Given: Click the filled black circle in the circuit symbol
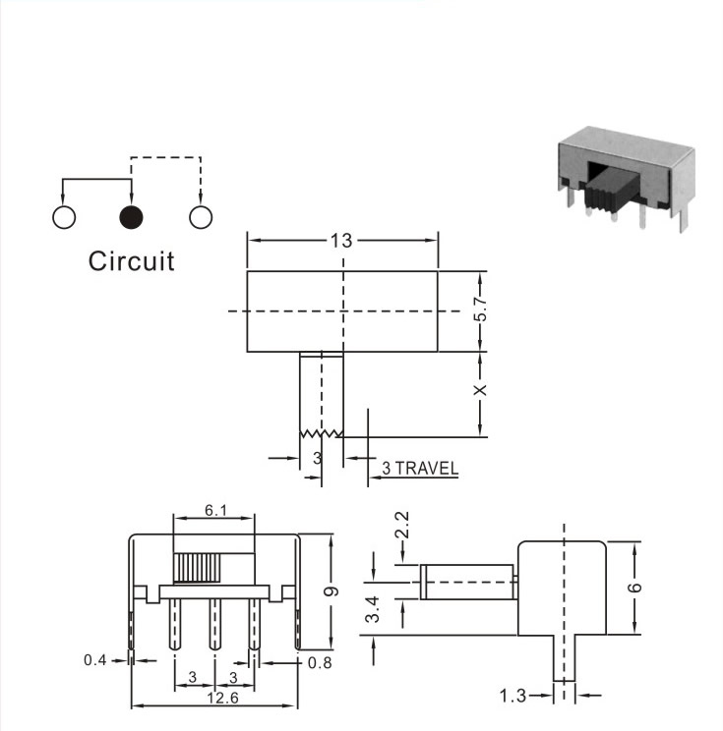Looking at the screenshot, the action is click(131, 217).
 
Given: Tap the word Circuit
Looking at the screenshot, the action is click(131, 261).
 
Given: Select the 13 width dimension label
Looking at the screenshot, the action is click(341, 241).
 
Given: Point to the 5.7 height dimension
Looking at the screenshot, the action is click(480, 309).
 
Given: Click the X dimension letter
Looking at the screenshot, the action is click(480, 390).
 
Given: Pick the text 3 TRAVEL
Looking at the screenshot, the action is click(420, 468).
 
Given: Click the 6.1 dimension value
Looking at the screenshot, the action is click(216, 511).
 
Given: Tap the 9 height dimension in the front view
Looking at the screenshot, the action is click(331, 591).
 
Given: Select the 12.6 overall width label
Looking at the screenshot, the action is click(222, 698).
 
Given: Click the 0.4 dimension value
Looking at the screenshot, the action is click(95, 660).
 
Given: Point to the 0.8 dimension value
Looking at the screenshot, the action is click(320, 662).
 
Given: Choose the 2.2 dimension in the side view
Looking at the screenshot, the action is click(402, 525).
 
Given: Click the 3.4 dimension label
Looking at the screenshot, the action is click(373, 609).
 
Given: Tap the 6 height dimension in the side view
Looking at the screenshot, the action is click(634, 588).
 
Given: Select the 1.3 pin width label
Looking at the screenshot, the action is click(512, 696).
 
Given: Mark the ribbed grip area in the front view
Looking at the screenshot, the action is click(197, 568).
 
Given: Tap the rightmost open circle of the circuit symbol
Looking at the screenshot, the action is click(201, 217).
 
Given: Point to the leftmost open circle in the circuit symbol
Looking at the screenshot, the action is click(64, 217).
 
